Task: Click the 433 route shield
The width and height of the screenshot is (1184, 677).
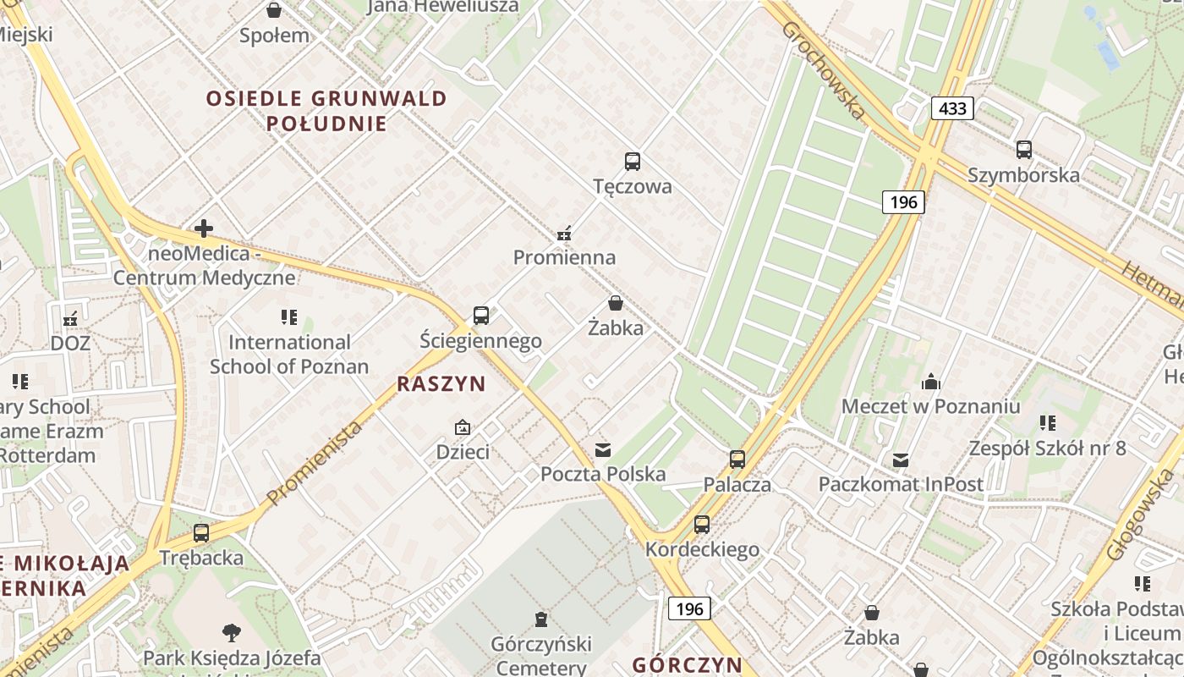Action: [952, 108]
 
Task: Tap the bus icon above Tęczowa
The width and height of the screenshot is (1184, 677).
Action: [632, 162]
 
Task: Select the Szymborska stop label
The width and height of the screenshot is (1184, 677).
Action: [1023, 175]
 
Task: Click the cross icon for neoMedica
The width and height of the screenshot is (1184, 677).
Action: [203, 228]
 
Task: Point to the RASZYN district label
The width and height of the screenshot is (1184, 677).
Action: [441, 384]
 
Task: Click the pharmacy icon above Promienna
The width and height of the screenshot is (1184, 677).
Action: [565, 233]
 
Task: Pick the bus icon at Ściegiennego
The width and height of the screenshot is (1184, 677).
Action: [480, 316]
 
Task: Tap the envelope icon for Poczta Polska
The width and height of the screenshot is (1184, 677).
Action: [603, 449]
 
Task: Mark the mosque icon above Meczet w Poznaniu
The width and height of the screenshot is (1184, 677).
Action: [930, 382]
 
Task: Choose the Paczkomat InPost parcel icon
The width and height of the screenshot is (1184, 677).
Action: [901, 460]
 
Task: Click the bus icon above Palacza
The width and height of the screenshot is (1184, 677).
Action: [737, 460]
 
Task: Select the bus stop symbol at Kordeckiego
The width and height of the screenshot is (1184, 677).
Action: [702, 525]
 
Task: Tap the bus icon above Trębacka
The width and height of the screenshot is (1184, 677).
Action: [201, 533]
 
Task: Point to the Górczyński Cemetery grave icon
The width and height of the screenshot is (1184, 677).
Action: [541, 620]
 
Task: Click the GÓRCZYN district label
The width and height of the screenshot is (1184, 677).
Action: [687, 664]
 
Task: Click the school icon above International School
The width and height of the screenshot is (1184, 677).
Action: [289, 317]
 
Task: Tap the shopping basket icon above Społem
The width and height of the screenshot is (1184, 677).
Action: [274, 11]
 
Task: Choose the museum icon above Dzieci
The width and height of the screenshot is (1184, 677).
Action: [463, 427]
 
